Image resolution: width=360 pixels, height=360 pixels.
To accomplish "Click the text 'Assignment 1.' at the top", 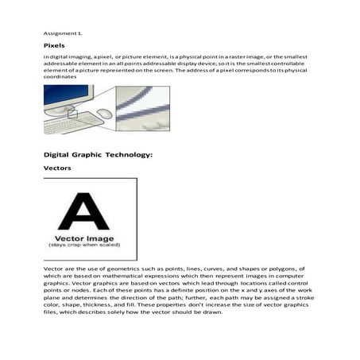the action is click(x=62, y=33).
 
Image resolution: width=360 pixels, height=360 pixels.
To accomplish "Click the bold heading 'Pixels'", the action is click(x=54, y=47).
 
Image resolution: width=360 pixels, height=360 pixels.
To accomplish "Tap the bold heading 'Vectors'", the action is click(x=58, y=168).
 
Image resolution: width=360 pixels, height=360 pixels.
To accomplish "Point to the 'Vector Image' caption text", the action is click(x=89, y=238).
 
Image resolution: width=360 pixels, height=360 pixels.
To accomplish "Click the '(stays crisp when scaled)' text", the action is click(x=89, y=246).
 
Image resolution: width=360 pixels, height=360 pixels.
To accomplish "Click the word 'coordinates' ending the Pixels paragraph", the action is click(x=60, y=77).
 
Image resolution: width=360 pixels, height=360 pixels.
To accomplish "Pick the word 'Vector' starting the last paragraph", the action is click(x=53, y=269).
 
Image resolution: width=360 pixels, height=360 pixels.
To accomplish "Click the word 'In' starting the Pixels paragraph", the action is click(x=46, y=58).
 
